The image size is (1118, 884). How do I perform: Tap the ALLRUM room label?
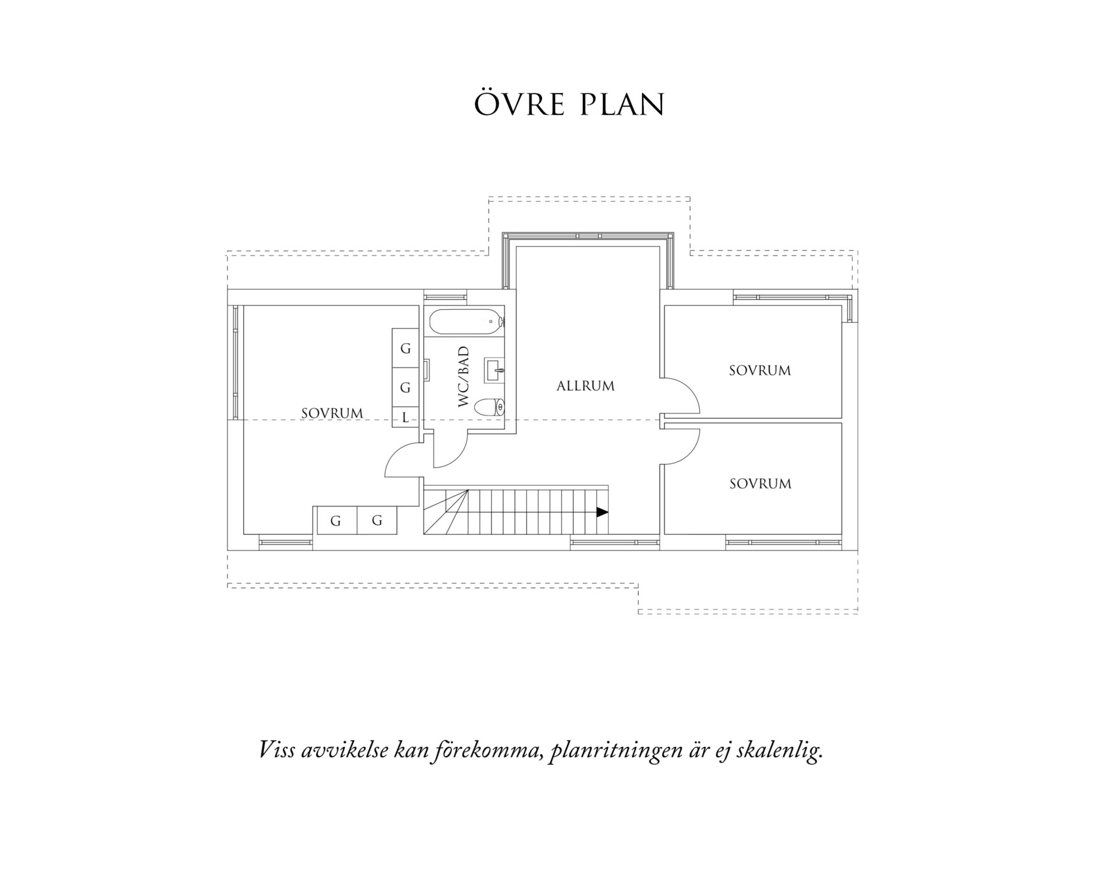tap(585, 386)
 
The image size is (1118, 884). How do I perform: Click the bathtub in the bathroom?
tap(465, 322)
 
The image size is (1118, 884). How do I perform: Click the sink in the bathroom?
tap(494, 370)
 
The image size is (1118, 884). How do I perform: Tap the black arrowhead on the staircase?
tap(602, 512)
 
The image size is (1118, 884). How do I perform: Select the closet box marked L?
tap(405, 417)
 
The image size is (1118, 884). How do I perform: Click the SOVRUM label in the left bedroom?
tap(332, 413)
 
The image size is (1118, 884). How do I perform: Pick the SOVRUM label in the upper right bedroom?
tap(759, 371)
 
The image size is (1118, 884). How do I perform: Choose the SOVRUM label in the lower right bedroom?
tap(760, 484)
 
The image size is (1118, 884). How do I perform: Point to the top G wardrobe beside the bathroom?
tap(405, 348)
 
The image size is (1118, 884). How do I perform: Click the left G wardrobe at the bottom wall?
tap(335, 521)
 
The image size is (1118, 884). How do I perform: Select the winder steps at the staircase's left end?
tap(445, 512)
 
